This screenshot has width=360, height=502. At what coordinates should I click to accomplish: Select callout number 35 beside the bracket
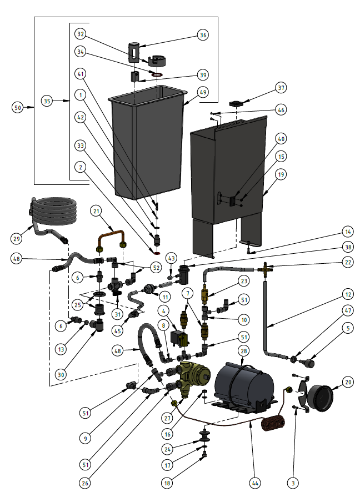[48, 101]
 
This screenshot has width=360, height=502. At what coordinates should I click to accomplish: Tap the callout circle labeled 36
[203, 34]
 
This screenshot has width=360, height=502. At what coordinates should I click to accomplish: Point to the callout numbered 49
[203, 92]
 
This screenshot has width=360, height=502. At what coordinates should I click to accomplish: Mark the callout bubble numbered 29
[18, 238]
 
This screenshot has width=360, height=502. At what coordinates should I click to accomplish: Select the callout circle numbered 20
[348, 382]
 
